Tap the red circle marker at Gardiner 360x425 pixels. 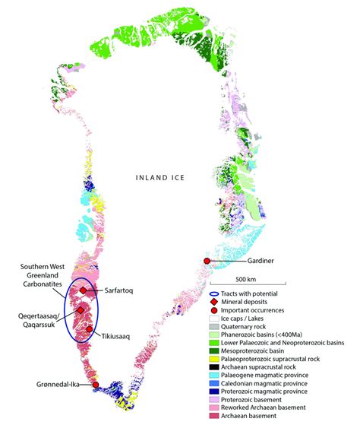pyautogui.click(x=207, y=262)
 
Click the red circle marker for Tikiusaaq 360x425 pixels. pyautogui.click(x=90, y=329)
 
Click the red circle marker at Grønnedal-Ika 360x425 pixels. pyautogui.click(x=94, y=385)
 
